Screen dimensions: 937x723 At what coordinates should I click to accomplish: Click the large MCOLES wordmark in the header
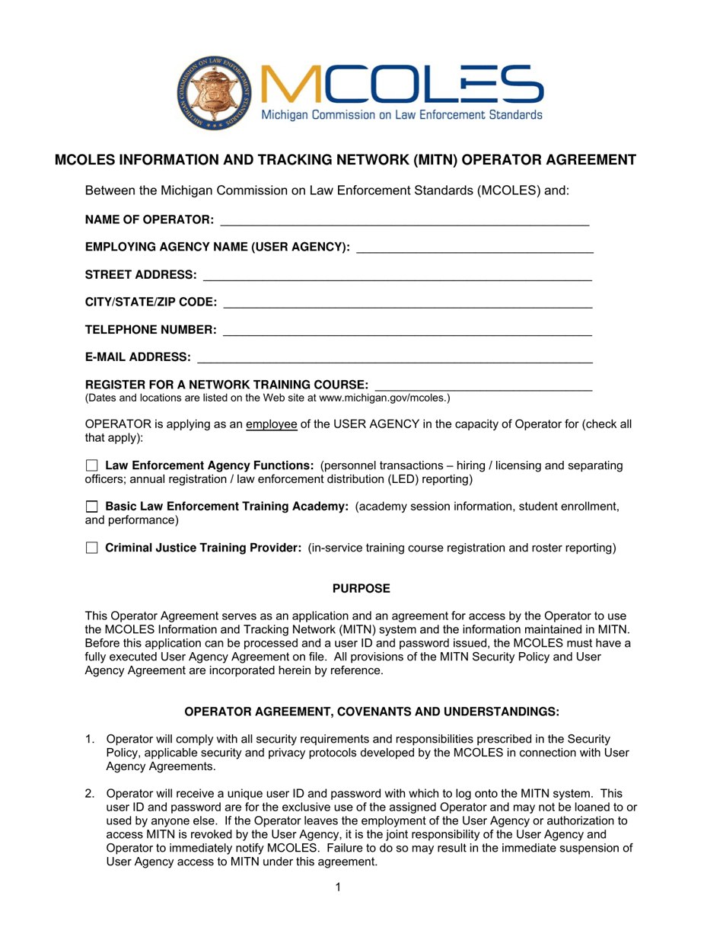coord(403,84)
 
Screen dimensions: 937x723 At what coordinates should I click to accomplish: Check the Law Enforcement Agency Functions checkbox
coord(91,465)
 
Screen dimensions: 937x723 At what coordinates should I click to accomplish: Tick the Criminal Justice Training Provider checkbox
coord(91,548)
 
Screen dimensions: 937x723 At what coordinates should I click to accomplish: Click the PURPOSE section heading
coord(361,588)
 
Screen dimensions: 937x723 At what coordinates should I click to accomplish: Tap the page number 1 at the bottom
coord(337,886)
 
